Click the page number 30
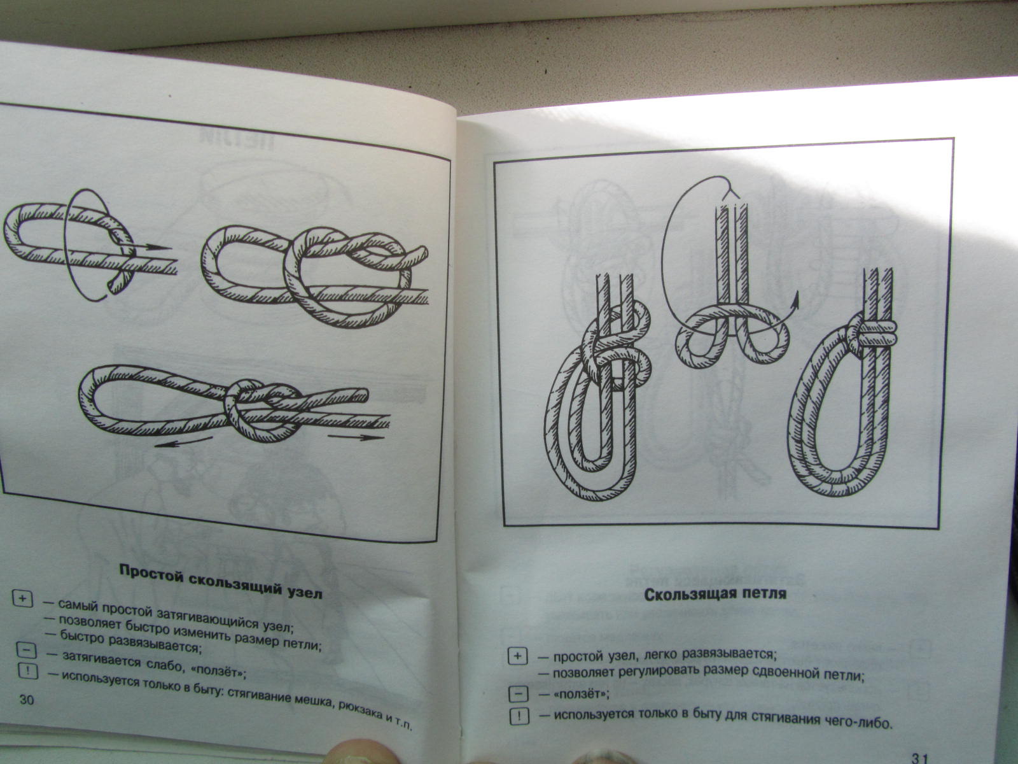click(x=27, y=700)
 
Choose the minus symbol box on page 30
click(x=26, y=650)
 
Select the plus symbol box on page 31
click(x=517, y=656)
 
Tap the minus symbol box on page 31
click(x=519, y=694)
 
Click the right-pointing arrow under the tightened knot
click(x=353, y=437)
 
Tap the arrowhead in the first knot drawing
click(x=162, y=247)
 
